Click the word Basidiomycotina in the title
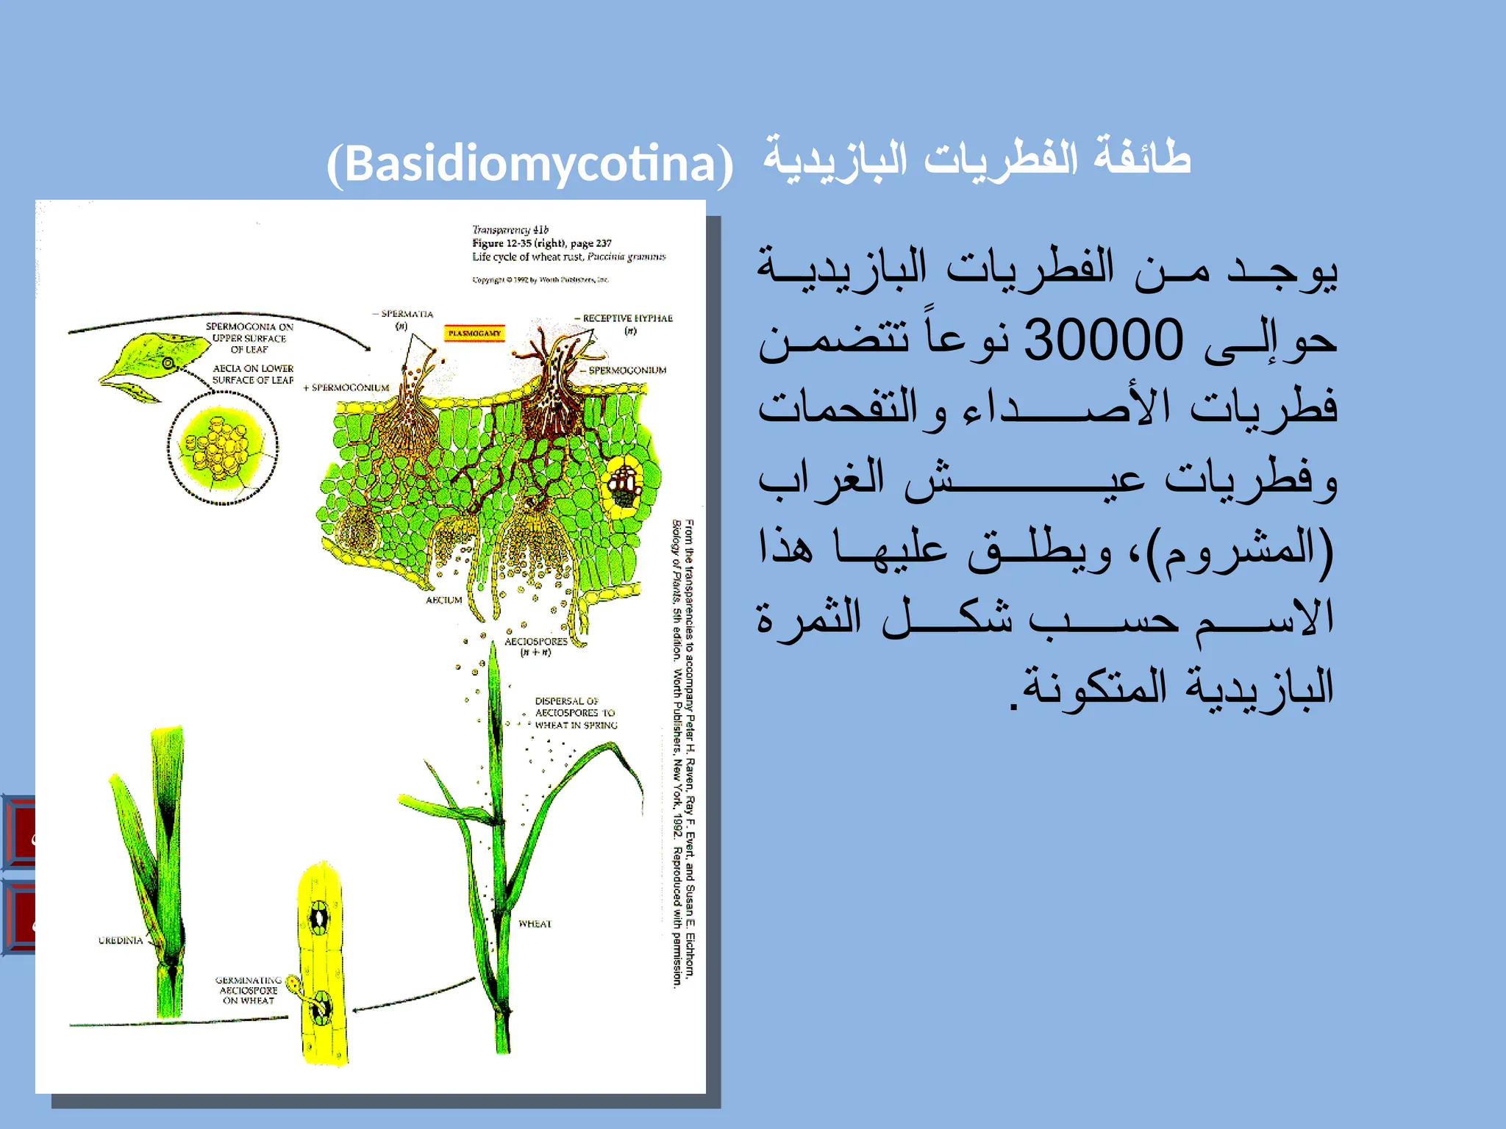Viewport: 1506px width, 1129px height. pyautogui.click(x=530, y=163)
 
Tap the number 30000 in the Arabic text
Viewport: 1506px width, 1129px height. pyautogui.click(x=1103, y=340)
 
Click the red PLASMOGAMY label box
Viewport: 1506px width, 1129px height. pyautogui.click(x=474, y=334)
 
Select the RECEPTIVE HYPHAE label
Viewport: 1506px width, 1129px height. pyautogui.click(x=627, y=318)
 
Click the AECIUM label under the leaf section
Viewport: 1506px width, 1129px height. pyautogui.click(x=444, y=601)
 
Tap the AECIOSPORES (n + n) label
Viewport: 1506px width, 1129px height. pyautogui.click(x=536, y=646)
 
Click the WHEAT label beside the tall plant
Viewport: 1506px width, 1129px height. pyautogui.click(x=535, y=924)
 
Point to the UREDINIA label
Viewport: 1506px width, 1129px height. pyautogui.click(x=121, y=940)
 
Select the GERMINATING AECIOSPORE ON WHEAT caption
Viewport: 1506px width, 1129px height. pyautogui.click(x=249, y=990)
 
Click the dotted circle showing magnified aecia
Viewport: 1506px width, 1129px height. pyautogui.click(x=223, y=448)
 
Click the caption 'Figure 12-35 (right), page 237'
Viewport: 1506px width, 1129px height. pyautogui.click(x=542, y=243)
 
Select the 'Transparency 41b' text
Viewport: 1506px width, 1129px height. pyautogui.click(x=510, y=230)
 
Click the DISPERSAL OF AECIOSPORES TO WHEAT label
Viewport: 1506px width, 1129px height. pyautogui.click(x=575, y=713)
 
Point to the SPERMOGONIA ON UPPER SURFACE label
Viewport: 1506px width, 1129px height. pyautogui.click(x=249, y=337)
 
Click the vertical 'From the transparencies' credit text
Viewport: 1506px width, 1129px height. pyautogui.click(x=684, y=750)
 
